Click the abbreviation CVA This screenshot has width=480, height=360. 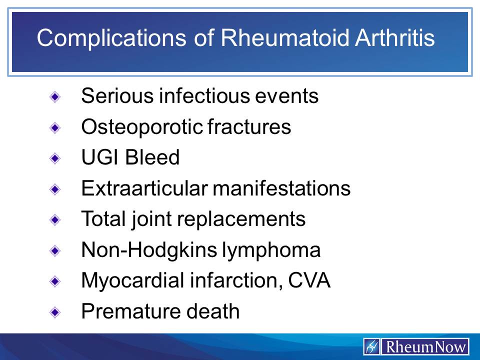[309, 281]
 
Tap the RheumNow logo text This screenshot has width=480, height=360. [424, 346]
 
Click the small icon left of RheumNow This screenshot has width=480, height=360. [372, 346]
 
